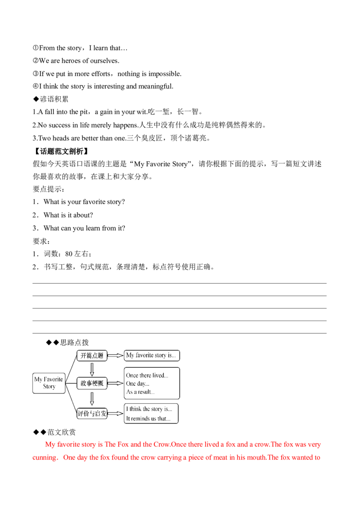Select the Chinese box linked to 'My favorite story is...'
point(92,356)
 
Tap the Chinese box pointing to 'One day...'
point(92,383)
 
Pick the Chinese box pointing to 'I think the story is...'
point(92,413)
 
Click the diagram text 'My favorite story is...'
point(149,356)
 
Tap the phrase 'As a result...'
point(140,393)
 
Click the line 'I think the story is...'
point(148,409)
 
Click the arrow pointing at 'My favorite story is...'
point(116,356)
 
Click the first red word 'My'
point(48,445)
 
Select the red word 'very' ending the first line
point(315,445)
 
